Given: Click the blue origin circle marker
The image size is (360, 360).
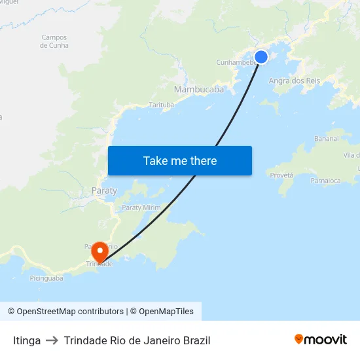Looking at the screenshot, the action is point(261,57).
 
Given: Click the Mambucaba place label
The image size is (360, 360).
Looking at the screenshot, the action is point(199,89).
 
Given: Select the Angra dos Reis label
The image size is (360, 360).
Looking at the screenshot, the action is point(295,81).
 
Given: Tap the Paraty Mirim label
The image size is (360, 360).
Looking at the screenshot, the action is point(141,207).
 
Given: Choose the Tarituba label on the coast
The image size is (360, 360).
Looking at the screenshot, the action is point(162,105).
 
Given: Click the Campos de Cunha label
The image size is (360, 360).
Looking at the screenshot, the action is point(54,41).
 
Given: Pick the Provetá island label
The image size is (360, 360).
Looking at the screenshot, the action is point(281,175).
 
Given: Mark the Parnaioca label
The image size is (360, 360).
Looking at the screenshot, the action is point(325,180).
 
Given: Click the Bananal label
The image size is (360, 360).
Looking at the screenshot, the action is point(326,139).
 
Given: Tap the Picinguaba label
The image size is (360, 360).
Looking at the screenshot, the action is point(46,278).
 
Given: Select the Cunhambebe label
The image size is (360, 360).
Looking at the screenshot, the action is point(234,63).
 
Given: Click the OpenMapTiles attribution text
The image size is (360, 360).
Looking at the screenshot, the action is point(166,312).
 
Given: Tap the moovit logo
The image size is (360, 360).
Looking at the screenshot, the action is point(321,339).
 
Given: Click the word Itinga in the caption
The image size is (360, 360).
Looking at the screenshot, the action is point(27,340).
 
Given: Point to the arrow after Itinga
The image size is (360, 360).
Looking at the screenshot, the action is point(52,340).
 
